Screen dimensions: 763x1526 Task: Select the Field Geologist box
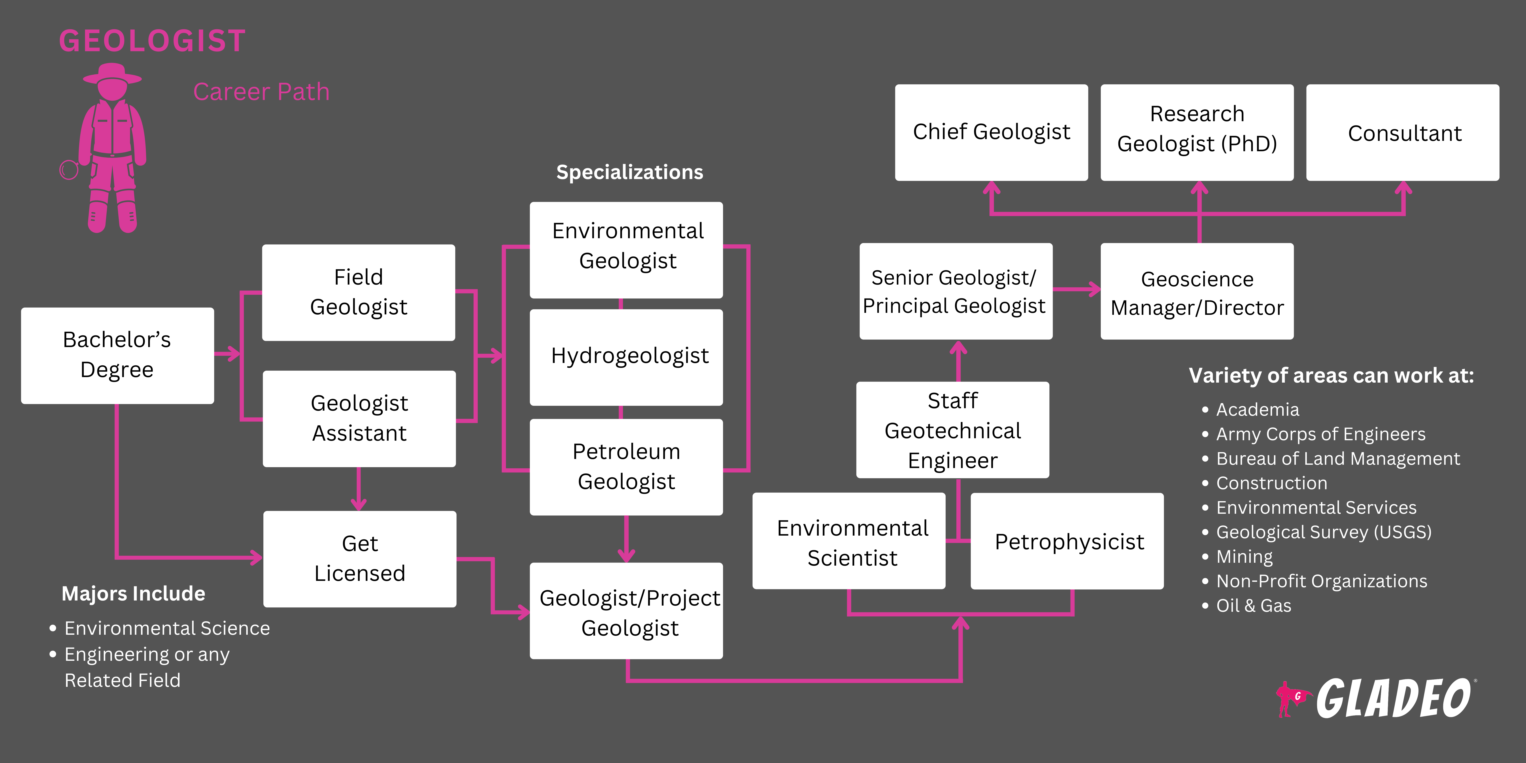click(x=358, y=292)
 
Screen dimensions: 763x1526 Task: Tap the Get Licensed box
click(x=360, y=559)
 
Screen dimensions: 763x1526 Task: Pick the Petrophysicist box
click(x=1067, y=541)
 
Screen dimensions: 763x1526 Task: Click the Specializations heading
click(x=629, y=172)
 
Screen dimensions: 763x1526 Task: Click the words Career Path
click(x=261, y=92)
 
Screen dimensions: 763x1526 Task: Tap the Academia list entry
click(x=1257, y=409)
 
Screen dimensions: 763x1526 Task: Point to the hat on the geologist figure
click(x=112, y=74)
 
